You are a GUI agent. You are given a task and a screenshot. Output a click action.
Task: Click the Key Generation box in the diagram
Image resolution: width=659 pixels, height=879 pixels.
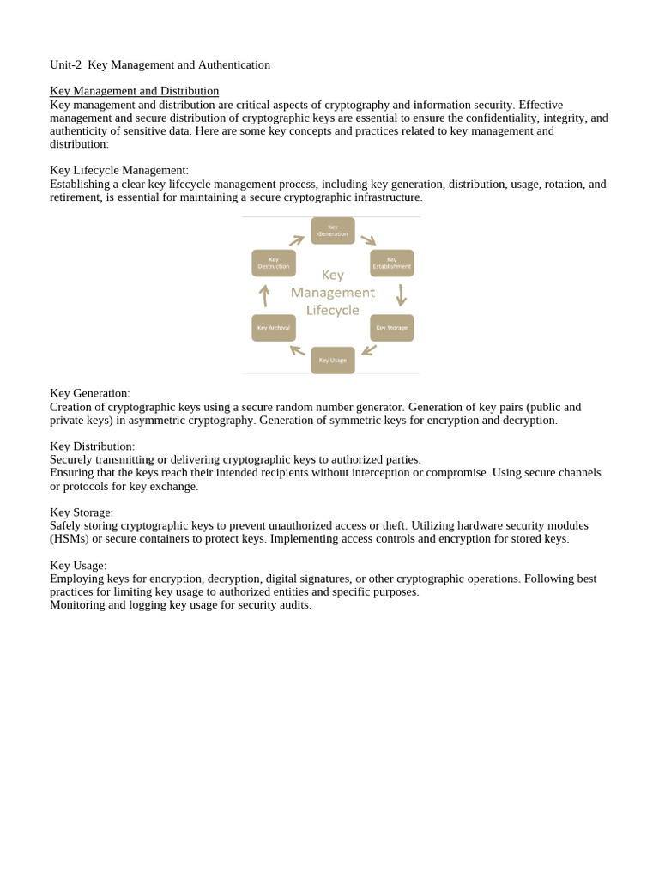pyautogui.click(x=332, y=230)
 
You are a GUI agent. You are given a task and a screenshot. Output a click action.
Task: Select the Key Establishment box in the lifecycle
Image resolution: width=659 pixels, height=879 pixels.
pyautogui.click(x=391, y=263)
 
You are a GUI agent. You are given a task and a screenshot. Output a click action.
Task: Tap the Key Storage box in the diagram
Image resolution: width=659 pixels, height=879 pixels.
pyautogui.click(x=391, y=328)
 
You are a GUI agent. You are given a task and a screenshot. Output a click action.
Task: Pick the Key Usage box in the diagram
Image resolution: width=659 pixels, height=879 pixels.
pyautogui.click(x=332, y=361)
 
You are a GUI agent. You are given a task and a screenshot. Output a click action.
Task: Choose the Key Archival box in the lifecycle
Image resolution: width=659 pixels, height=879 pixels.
pyautogui.click(x=274, y=328)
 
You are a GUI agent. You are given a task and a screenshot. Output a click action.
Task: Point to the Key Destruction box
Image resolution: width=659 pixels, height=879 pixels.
pyautogui.click(x=274, y=263)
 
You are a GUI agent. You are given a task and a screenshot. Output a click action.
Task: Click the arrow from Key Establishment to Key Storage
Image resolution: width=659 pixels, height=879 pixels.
pyautogui.click(x=401, y=295)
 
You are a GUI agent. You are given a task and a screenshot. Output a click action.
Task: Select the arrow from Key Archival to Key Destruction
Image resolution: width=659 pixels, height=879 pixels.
pyautogui.click(x=264, y=295)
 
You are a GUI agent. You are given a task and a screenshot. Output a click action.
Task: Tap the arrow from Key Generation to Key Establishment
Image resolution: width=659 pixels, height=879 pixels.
pyautogui.click(x=368, y=240)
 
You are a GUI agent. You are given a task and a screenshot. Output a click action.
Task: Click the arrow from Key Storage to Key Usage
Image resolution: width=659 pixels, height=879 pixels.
pyautogui.click(x=369, y=350)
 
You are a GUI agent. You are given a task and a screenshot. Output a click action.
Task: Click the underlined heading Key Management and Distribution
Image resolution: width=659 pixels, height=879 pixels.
pyautogui.click(x=134, y=91)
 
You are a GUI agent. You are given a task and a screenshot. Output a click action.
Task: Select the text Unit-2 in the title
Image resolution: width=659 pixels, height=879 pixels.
pyautogui.click(x=66, y=64)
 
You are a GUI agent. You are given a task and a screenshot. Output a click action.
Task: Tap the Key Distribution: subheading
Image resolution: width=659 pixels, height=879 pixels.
pyautogui.click(x=92, y=446)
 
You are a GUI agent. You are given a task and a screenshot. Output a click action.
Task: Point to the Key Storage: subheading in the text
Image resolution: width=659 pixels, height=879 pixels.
pyautogui.click(x=82, y=512)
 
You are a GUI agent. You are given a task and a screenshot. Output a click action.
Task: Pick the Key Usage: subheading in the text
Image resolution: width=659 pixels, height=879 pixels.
pyautogui.click(x=78, y=566)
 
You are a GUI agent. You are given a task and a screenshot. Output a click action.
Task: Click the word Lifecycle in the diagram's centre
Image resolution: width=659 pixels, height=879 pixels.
pyautogui.click(x=332, y=311)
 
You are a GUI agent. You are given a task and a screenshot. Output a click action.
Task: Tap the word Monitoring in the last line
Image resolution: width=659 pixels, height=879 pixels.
pyautogui.click(x=78, y=605)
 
